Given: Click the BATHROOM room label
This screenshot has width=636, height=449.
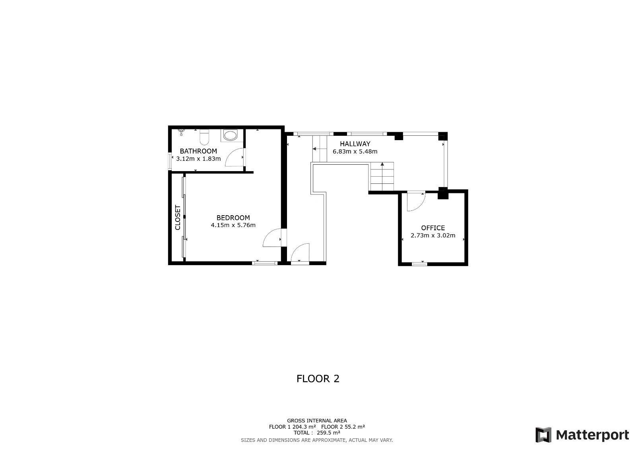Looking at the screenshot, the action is pos(198,151).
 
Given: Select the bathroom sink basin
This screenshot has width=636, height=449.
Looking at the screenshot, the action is pos(230,135).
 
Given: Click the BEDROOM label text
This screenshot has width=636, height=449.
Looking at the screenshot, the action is pos(233,218).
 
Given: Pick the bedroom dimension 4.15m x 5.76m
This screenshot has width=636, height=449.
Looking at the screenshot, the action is pos(233,225).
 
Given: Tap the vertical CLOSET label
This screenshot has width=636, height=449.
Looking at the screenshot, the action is pos(178,218).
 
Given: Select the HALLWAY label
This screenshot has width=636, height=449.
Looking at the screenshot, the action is pos(355,144).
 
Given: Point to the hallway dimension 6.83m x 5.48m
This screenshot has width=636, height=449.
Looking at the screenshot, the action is pos(355,152).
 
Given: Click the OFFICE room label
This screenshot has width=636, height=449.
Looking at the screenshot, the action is pos(433,228).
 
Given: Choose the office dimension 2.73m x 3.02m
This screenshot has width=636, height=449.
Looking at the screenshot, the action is pos(433,235).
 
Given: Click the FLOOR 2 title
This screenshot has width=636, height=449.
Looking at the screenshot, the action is pos(318,379).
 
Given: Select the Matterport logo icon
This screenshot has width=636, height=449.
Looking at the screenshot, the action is pos(543,435).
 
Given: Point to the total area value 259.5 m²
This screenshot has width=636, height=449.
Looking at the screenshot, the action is pos(328,433).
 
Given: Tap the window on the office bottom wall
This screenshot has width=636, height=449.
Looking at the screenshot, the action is pos(419,264).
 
